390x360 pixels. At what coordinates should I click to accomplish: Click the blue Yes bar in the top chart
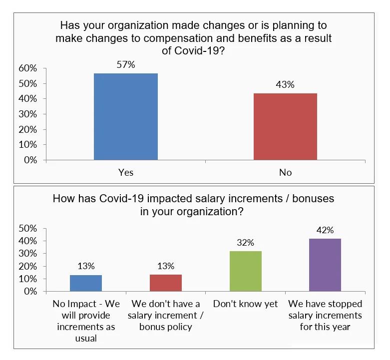[x=126, y=117]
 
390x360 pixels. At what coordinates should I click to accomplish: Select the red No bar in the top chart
[x=285, y=127]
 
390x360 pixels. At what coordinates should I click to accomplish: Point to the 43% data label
[x=285, y=84]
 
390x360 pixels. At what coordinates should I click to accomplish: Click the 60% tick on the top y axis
[x=27, y=68]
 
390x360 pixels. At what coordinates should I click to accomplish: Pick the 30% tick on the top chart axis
[x=27, y=114]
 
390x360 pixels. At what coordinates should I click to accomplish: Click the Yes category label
[x=126, y=172]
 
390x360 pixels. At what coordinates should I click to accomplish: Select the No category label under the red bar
[x=285, y=172]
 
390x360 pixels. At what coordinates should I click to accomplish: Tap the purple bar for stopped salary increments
[x=325, y=265]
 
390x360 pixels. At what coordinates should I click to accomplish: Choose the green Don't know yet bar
[x=245, y=271]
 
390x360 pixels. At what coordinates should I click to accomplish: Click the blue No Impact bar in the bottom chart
[x=86, y=283]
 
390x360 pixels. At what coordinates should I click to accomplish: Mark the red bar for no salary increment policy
[x=166, y=283]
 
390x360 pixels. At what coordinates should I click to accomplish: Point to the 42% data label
[x=325, y=230]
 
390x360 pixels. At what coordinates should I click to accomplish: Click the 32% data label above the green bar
[x=245, y=243]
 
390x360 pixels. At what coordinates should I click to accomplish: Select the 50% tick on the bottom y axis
[x=27, y=228]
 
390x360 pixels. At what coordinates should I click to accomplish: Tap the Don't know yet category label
[x=245, y=304]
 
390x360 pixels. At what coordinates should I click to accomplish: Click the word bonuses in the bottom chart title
[x=310, y=199]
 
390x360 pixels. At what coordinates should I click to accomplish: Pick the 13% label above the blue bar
[x=86, y=266]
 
